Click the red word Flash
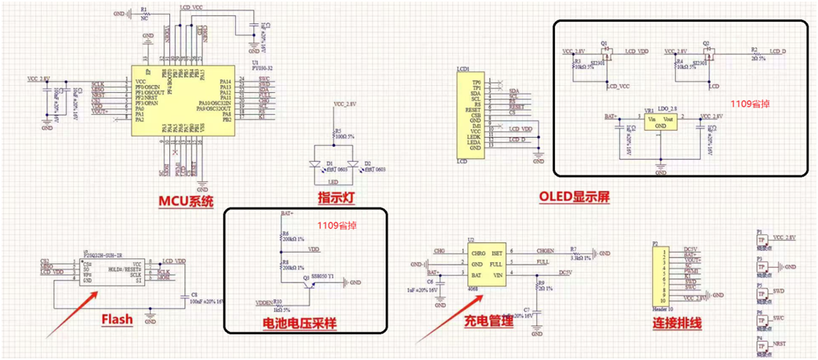pyautogui.click(x=117, y=320)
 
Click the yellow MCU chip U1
pyautogui.click(x=184, y=99)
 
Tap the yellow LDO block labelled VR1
pyautogui.click(x=660, y=121)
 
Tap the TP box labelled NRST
pyautogui.click(x=763, y=343)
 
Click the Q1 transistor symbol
pyautogui.click(x=606, y=54)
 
